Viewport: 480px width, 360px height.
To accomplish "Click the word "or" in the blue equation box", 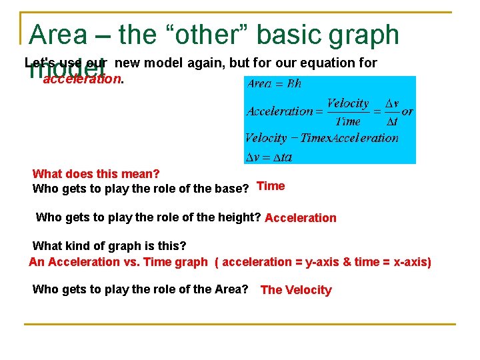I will click(x=407, y=112).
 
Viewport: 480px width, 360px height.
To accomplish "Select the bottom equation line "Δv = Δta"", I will click(x=268, y=157).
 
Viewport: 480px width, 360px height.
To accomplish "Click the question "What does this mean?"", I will click(x=96, y=174).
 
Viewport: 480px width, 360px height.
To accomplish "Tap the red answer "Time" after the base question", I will click(x=271, y=186).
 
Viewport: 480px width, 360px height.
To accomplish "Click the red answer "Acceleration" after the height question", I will click(x=301, y=218).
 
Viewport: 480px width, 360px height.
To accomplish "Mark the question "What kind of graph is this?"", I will click(x=109, y=246).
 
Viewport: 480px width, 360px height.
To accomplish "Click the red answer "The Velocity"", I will click(x=296, y=290).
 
